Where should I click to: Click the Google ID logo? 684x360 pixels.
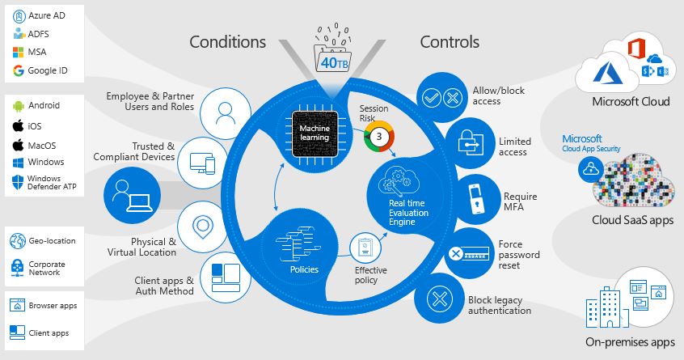click(x=19, y=70)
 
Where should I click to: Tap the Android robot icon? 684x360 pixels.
click(x=18, y=106)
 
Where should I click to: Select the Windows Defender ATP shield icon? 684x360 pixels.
click(x=18, y=182)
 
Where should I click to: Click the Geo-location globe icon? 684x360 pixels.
click(x=18, y=241)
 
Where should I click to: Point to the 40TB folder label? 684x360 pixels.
click(x=335, y=63)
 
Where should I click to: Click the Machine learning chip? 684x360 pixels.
click(x=315, y=133)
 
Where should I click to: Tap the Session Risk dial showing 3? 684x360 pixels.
click(x=379, y=137)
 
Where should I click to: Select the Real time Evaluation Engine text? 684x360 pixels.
click(x=408, y=213)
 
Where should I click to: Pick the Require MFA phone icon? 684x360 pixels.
click(x=477, y=199)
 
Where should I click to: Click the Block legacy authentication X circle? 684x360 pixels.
click(x=439, y=299)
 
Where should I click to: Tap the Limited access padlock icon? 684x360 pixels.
click(x=471, y=142)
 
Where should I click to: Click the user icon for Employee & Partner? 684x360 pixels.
click(x=226, y=114)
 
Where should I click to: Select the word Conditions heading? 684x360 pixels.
click(x=228, y=42)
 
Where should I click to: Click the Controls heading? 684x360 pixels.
click(x=450, y=42)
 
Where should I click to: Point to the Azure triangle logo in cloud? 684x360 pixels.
click(x=607, y=73)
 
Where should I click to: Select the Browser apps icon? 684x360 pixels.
click(x=18, y=305)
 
